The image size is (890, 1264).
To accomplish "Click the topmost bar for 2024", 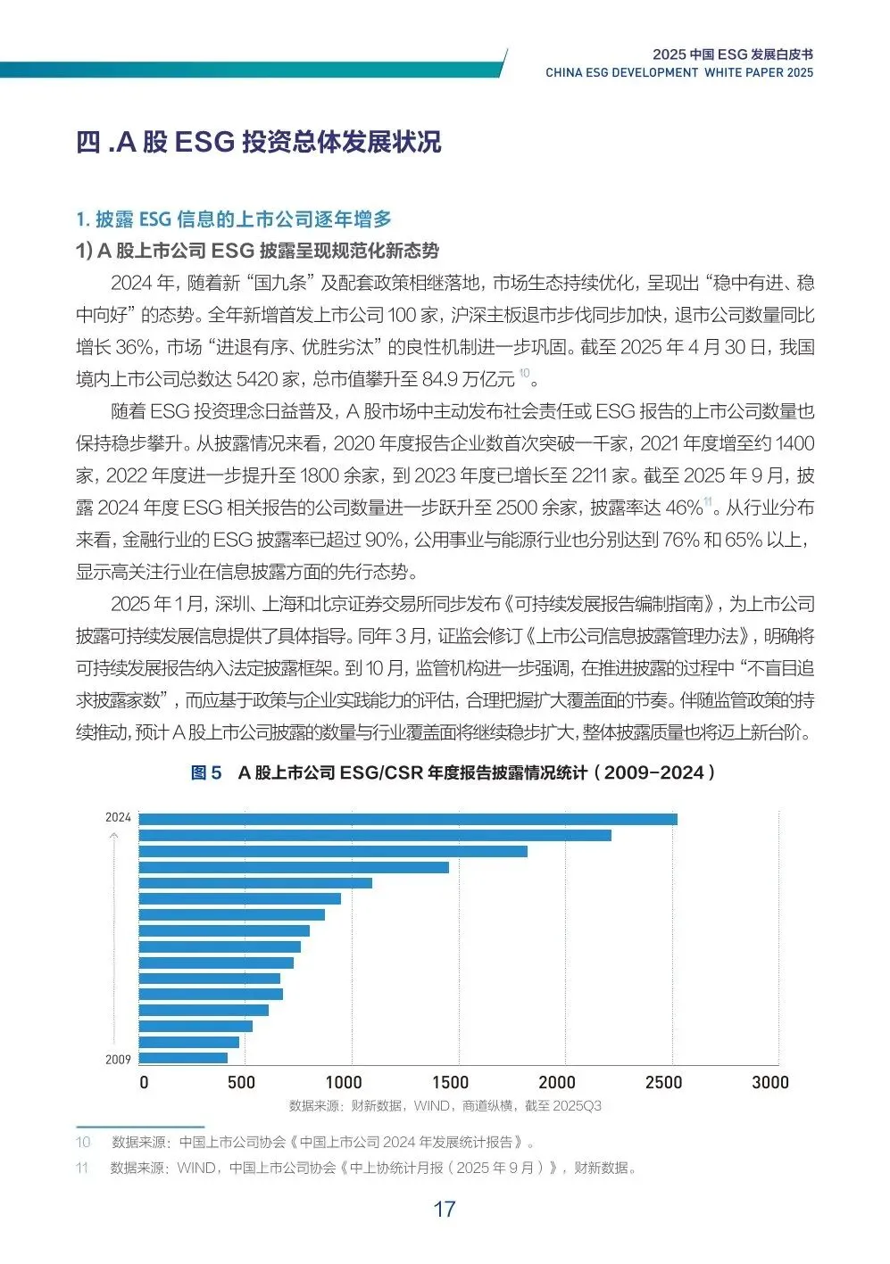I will pyautogui.click(x=408, y=819).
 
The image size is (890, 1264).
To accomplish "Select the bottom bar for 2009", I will pyautogui.click(x=183, y=1058).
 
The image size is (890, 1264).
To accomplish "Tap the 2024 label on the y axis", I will pyautogui.click(x=118, y=817).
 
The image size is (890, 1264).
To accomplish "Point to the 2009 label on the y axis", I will pyautogui.click(x=118, y=1060).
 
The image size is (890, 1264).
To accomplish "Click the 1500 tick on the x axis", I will pyautogui.click(x=450, y=1083).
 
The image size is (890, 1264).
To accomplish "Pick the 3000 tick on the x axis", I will pyautogui.click(x=769, y=1083).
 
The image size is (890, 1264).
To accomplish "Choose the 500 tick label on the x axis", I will pyautogui.click(x=241, y=1083).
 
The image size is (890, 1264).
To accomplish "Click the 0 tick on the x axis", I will pyautogui.click(x=144, y=1083).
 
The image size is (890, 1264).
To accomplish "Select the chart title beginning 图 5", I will pyautogui.click(x=453, y=772).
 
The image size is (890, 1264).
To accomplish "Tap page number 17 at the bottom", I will pyautogui.click(x=445, y=1210).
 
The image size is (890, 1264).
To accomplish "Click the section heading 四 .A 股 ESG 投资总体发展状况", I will pyautogui.click(x=259, y=142).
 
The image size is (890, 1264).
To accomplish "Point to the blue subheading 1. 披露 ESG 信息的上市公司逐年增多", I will pyautogui.click(x=234, y=219).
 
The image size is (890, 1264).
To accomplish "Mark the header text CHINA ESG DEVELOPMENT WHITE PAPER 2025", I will pyautogui.click(x=679, y=73).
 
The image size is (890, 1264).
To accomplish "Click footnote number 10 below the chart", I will pyautogui.click(x=83, y=1142).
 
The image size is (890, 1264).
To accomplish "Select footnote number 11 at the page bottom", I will pyautogui.click(x=82, y=1168).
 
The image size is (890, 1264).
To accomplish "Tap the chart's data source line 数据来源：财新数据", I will pyautogui.click(x=445, y=1106).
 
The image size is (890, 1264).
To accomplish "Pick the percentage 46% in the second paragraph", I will pyautogui.click(x=684, y=508).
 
